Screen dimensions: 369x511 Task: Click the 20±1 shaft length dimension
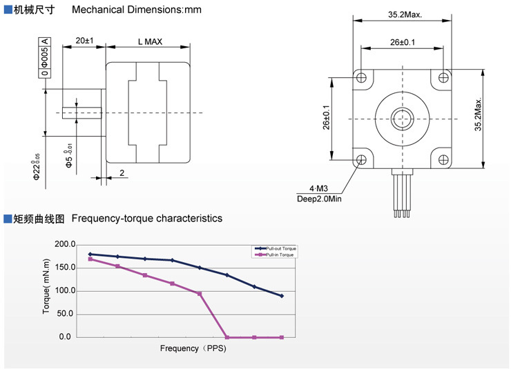(84, 41)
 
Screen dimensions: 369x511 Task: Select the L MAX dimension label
(150, 41)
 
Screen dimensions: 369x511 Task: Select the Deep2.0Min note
(320, 199)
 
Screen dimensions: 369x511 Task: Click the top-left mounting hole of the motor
(361, 78)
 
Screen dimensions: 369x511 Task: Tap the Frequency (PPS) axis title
(193, 348)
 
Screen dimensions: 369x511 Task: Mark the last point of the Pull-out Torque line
(282, 296)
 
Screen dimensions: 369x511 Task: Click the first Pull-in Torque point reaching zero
(227, 337)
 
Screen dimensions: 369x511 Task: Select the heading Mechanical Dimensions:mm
(137, 10)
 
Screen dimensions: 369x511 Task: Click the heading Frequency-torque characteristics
(147, 218)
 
